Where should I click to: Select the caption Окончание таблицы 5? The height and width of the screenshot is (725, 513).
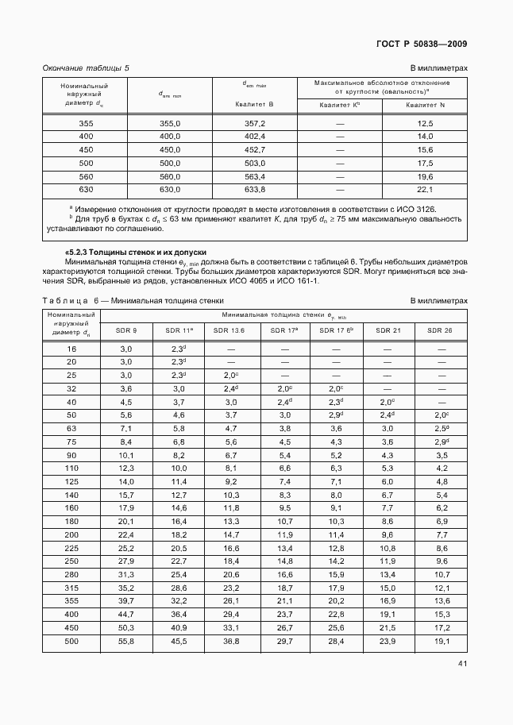pyautogui.click(x=85, y=68)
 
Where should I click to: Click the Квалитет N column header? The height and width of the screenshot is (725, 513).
pyautogui.click(x=425, y=105)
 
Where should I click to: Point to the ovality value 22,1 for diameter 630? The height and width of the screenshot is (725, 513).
pyautogui.click(x=425, y=190)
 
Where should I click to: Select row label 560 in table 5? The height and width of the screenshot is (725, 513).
pyautogui.click(x=86, y=176)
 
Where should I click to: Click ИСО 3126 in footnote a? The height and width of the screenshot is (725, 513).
pyautogui.click(x=418, y=210)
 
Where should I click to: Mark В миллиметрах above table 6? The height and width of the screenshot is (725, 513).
pyautogui.click(x=438, y=301)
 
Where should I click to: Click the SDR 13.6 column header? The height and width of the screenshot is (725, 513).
pyautogui.click(x=231, y=330)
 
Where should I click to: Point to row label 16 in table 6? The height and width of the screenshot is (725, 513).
pyautogui.click(x=72, y=349)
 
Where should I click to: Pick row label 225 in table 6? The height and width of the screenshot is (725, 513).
pyautogui.click(x=72, y=548)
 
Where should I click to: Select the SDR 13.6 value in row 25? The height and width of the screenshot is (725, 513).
pyautogui.click(x=231, y=376)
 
